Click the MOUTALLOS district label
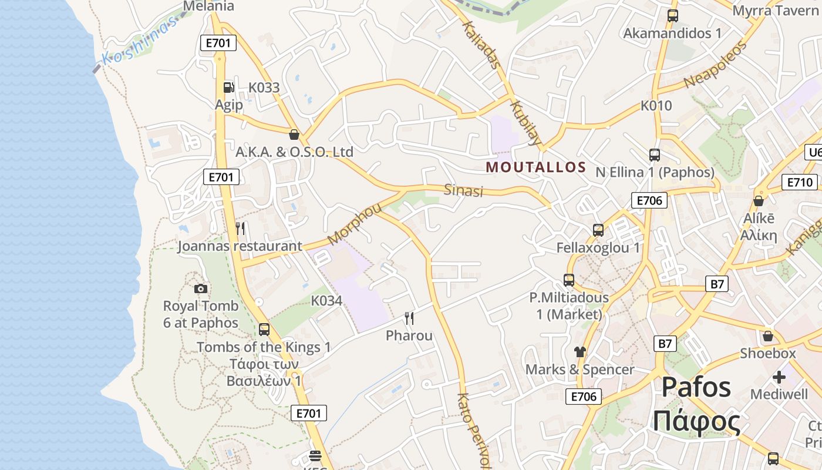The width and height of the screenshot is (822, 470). (536, 167)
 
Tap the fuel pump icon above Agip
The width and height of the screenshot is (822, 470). (228, 88)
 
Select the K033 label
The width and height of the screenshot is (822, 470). (264, 88)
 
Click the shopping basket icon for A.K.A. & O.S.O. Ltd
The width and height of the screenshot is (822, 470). (294, 135)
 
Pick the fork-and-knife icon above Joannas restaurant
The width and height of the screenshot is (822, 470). (240, 228)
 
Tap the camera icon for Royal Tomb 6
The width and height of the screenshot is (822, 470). (201, 288)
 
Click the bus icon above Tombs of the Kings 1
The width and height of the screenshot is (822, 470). (264, 329)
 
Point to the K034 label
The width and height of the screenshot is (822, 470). (326, 301)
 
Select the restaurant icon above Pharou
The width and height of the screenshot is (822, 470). (409, 318)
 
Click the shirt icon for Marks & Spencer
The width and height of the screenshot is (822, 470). (580, 352)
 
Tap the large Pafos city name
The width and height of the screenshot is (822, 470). (696, 388)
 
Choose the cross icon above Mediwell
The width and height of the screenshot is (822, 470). (779, 377)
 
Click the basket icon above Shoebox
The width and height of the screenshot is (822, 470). (767, 337)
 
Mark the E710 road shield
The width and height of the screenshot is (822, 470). (799, 182)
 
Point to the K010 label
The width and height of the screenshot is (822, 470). (656, 106)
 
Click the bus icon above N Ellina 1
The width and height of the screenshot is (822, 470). (655, 155)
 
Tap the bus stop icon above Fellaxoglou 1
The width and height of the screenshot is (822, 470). (598, 230)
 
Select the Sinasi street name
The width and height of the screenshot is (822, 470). (463, 190)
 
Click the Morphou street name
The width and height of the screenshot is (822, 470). (354, 224)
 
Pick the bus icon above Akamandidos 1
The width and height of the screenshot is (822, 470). (673, 16)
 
